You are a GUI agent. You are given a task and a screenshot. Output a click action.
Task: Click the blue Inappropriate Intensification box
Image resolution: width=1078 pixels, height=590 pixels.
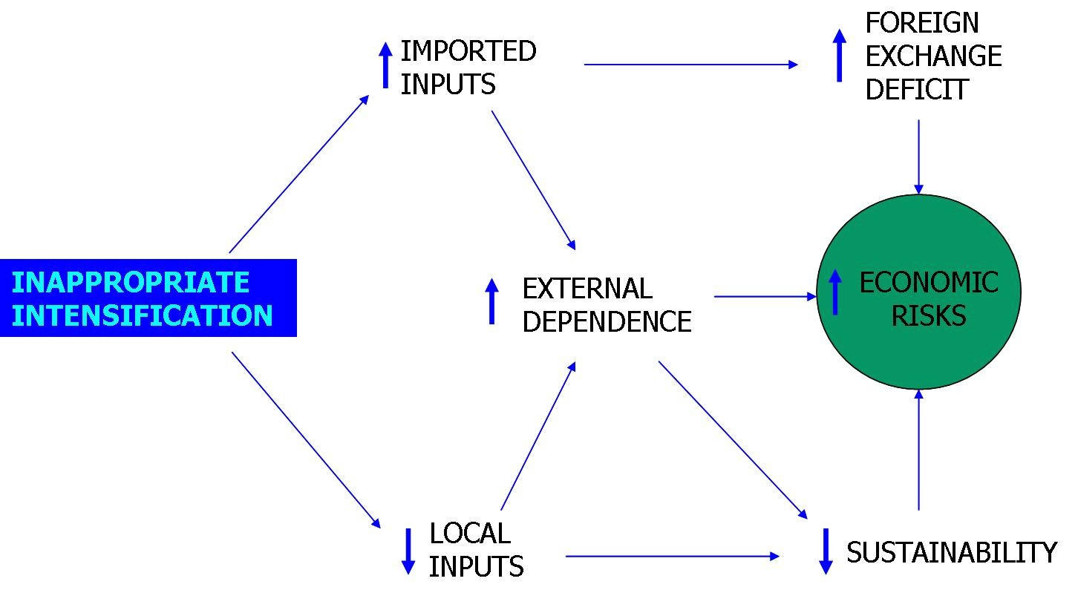click(x=148, y=298)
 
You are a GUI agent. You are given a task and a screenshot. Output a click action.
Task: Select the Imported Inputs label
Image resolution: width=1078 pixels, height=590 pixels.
click(x=468, y=68)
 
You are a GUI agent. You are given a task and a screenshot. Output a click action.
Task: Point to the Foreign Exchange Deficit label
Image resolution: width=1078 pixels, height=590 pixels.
click(x=932, y=56)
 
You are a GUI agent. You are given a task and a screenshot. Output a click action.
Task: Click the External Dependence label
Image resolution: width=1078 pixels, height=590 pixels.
click(x=606, y=305)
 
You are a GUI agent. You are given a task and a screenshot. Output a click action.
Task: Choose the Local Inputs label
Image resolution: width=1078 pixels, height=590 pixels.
click(x=476, y=550)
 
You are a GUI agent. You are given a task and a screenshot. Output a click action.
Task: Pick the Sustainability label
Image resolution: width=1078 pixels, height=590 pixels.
click(x=951, y=553)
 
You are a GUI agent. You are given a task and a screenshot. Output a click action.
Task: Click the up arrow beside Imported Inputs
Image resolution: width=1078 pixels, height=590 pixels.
click(x=385, y=65)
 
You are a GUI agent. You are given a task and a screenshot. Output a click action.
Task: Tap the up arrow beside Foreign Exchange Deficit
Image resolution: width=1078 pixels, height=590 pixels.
click(x=839, y=56)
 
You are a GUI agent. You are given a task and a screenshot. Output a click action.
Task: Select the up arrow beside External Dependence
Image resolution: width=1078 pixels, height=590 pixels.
click(x=491, y=301)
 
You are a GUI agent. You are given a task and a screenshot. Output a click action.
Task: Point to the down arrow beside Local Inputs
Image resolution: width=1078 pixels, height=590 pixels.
click(x=408, y=551)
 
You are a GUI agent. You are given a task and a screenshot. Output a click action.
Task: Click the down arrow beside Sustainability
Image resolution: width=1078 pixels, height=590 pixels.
click(x=825, y=551)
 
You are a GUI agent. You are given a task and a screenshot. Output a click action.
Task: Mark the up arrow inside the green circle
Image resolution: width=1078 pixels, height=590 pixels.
click(x=835, y=292)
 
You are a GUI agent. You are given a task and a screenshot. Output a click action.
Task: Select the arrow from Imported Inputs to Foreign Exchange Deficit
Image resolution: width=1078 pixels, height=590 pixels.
click(x=690, y=65)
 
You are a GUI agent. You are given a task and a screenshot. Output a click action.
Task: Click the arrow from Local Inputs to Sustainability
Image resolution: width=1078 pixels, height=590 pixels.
click(x=672, y=556)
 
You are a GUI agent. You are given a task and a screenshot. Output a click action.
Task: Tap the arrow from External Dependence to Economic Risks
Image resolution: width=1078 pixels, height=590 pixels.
click(x=765, y=296)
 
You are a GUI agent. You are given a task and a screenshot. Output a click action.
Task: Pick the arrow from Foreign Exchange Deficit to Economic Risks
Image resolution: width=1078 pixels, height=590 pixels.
click(x=918, y=157)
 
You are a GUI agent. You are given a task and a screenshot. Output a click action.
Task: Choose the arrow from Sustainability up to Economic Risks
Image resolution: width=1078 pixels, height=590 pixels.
click(x=918, y=450)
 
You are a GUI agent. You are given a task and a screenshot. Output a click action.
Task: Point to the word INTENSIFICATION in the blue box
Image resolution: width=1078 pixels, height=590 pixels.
click(x=143, y=315)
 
